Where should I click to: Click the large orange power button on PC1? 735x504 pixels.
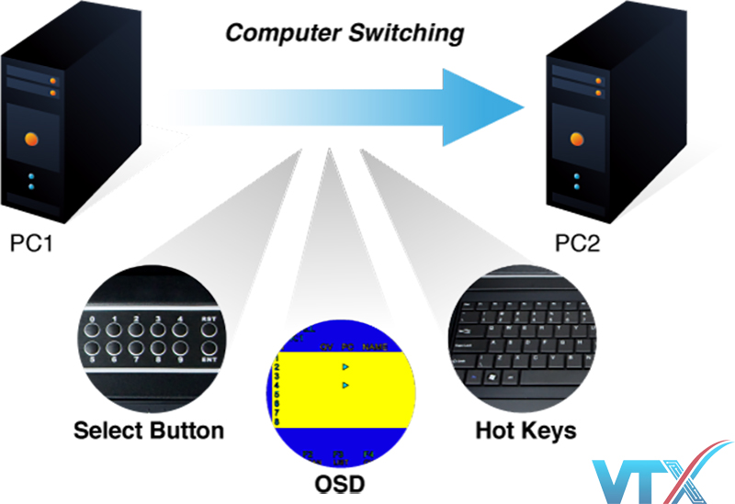click(32, 140)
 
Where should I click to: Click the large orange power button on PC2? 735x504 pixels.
click(578, 138)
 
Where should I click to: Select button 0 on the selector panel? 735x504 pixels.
click(93, 331)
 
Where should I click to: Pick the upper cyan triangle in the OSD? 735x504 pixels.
click(345, 366)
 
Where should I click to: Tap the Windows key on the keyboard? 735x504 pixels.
click(497, 376)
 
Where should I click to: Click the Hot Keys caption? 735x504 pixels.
click(526, 430)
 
